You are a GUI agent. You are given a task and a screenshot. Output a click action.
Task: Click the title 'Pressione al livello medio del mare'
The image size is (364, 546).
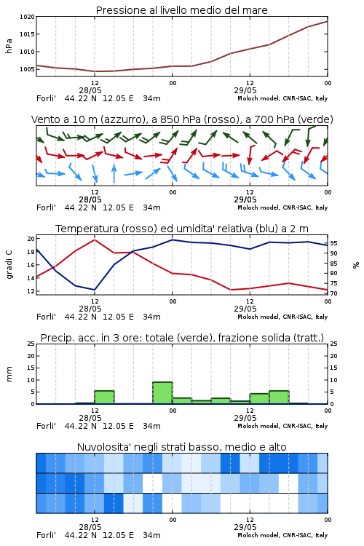[x=181, y=10]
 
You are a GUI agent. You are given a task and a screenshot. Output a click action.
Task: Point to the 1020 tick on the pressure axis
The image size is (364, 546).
[x=27, y=16]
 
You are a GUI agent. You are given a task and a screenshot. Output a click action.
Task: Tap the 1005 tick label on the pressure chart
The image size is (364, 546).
[x=27, y=69]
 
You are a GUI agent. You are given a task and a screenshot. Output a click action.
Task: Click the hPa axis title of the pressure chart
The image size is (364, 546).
[x=9, y=46]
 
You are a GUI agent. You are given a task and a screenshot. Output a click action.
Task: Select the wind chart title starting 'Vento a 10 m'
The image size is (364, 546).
[x=182, y=119]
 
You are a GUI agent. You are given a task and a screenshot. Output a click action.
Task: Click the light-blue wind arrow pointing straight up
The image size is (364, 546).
[x=114, y=173]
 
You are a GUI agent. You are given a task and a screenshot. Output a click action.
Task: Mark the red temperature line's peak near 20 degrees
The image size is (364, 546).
[x=95, y=240]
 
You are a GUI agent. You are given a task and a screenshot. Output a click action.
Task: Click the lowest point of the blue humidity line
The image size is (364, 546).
[x=95, y=290]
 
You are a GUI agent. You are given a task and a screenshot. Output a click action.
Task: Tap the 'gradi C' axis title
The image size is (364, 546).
[x=9, y=264]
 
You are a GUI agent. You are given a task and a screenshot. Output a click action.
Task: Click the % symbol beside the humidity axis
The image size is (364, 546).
[x=356, y=265]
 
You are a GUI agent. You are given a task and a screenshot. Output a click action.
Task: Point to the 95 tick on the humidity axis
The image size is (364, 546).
[x=333, y=243]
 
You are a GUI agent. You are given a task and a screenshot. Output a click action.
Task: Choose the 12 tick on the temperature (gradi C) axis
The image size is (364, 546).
[x=31, y=291]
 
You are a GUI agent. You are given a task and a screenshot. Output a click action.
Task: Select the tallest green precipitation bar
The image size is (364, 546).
[x=162, y=393]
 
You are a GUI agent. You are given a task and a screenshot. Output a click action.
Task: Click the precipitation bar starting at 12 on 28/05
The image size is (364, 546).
[x=105, y=397]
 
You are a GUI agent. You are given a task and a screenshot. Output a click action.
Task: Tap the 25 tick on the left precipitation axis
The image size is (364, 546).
[x=31, y=344]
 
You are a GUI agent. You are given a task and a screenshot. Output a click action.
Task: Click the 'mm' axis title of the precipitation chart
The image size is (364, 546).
[x=9, y=373]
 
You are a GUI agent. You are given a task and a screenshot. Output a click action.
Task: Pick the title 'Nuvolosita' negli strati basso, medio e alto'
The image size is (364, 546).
[x=181, y=447]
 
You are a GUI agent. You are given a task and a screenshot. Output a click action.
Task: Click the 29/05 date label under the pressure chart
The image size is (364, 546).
[x=245, y=90]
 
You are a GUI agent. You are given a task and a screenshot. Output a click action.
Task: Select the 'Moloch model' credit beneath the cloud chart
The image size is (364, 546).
[x=258, y=535]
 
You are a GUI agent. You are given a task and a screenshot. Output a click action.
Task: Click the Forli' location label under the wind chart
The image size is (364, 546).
[x=46, y=207]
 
